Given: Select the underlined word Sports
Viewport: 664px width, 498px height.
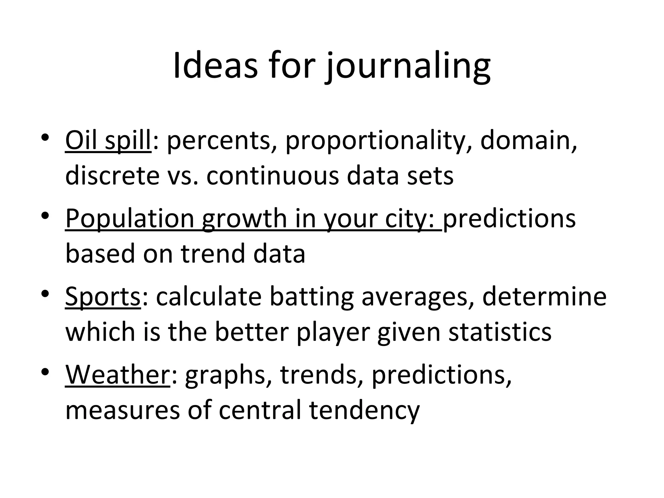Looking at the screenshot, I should tap(103, 297).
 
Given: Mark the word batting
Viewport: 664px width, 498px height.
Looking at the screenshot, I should tap(312, 297).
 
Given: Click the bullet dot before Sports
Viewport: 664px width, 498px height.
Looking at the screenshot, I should tap(45, 294).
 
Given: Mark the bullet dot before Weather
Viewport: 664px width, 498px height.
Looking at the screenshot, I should tap(45, 372).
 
